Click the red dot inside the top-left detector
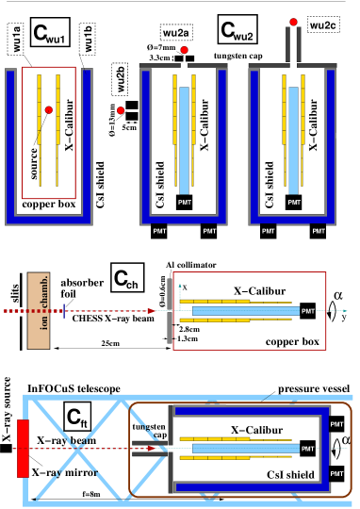coord(49,110)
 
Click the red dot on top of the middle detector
coord(184,50)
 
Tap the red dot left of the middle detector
coord(121,110)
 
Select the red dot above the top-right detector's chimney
coord(294,22)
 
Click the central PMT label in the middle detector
coord(185,202)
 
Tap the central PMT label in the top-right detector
coord(294,202)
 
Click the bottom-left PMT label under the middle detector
coord(159,231)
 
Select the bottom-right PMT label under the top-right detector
coord(319,231)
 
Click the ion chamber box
coord(39,310)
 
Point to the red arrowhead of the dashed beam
coord(151,310)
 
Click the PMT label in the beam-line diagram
coord(308,310)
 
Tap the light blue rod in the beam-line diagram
coord(245,310)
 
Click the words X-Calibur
coord(257,430)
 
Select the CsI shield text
coord(290,474)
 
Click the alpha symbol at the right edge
coord(347,439)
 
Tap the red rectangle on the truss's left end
coord(23,448)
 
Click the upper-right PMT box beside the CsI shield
coord(337,424)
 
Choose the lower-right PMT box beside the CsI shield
coord(337,472)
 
